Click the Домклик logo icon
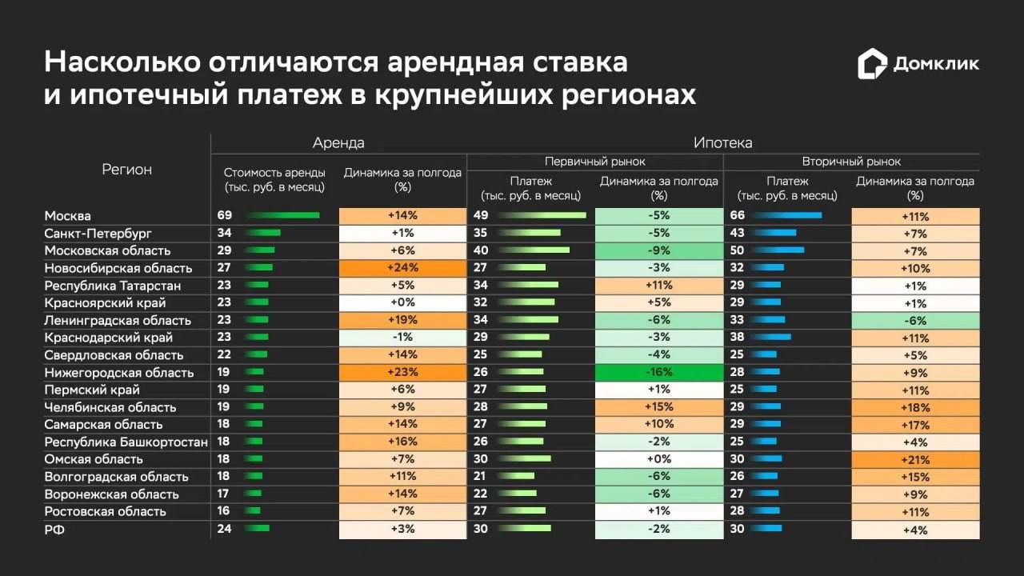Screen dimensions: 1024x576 click(x=872, y=63)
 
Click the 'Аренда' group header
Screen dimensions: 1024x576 click(x=338, y=143)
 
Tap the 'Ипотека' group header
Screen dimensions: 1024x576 click(x=722, y=143)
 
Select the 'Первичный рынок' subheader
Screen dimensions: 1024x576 click(x=594, y=162)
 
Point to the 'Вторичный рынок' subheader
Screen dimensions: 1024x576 click(x=851, y=162)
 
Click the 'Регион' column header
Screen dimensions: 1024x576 click(x=126, y=170)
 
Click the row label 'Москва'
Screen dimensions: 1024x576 click(x=68, y=216)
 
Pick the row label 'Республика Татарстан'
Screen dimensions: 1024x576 click(x=113, y=286)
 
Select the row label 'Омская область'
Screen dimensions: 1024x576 click(x=94, y=459)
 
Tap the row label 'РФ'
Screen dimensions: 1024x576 click(x=54, y=530)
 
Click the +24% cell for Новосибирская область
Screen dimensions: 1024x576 click(x=402, y=268)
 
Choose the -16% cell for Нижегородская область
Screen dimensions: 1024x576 click(x=658, y=372)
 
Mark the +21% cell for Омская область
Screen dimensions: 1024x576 click(x=916, y=460)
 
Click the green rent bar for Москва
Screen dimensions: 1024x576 click(x=282, y=215)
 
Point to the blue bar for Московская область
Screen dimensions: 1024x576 click(x=778, y=250)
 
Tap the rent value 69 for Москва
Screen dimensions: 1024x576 click(x=225, y=215)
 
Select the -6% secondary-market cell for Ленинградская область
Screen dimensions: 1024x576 click(x=916, y=321)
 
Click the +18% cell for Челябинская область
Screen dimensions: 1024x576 click(x=916, y=408)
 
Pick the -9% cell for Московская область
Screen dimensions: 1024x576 click(x=658, y=250)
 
